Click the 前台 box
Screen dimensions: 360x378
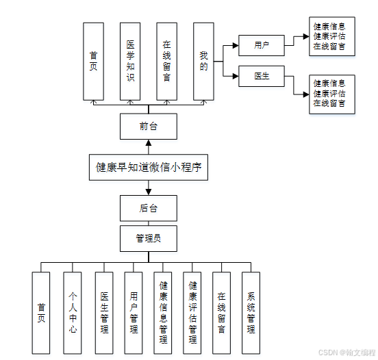(148, 127)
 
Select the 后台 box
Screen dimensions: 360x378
(148, 208)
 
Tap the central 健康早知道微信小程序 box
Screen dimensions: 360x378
(148, 167)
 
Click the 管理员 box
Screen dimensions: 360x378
(148, 238)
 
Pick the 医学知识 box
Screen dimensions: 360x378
(130, 61)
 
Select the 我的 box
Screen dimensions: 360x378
(203, 61)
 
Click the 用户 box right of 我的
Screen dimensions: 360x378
(261, 45)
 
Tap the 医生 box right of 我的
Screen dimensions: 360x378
(261, 76)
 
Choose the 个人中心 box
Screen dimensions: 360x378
(73, 313)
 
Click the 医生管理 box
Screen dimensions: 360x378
(104, 313)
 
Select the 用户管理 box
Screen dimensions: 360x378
(134, 313)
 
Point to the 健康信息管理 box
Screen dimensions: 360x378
(163, 313)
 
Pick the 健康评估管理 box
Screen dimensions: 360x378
(192, 313)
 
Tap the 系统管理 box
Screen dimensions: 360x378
(251, 313)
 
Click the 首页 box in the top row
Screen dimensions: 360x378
(93, 61)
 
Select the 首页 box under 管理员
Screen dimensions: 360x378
(41, 313)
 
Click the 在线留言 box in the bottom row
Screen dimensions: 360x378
(221, 313)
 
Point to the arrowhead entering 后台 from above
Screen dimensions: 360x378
(148, 192)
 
